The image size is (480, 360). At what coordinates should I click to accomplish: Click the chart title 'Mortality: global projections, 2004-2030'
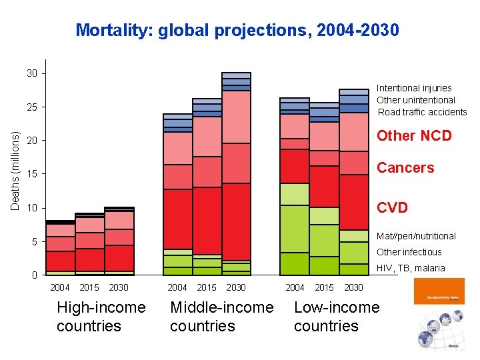tap(237, 30)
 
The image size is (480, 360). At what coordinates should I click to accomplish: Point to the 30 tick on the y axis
tap(32, 73)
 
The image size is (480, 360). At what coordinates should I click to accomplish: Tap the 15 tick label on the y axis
tap(32, 175)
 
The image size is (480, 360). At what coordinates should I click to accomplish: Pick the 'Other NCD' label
tap(414, 135)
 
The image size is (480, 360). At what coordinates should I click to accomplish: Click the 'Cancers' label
tap(405, 168)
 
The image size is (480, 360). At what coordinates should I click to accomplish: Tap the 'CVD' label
tap(392, 208)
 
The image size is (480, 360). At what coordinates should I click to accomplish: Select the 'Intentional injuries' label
tap(414, 88)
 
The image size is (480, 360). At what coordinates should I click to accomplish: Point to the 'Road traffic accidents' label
tap(422, 112)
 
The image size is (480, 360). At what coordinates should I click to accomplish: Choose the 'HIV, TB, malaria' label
tap(411, 268)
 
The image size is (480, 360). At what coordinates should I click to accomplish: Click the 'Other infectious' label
tap(409, 252)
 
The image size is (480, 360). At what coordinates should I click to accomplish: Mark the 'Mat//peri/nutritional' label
tap(417, 236)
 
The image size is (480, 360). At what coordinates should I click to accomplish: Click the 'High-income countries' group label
tap(101, 317)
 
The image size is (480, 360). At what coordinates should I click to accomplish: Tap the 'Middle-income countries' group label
tap(221, 317)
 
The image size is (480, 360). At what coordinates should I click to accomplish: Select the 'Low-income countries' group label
tap(336, 317)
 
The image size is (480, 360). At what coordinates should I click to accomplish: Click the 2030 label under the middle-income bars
tap(236, 287)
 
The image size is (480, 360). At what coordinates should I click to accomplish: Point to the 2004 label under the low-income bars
tap(295, 287)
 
